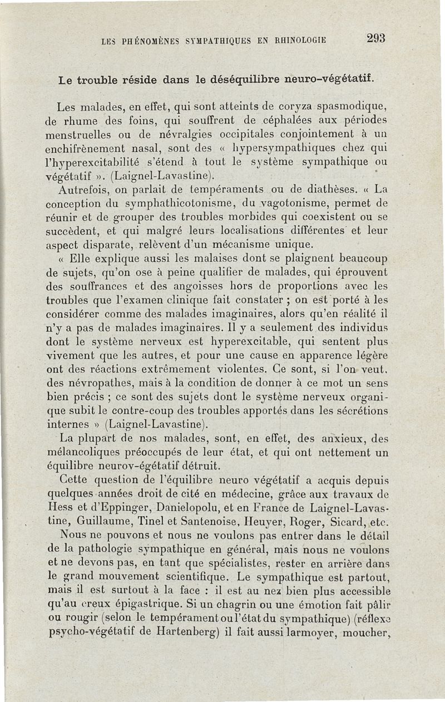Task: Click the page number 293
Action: (376, 38)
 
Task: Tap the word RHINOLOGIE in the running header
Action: (296, 40)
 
